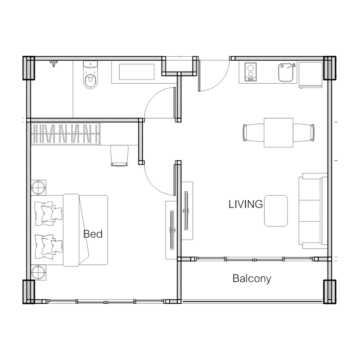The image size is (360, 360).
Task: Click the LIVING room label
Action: click(245, 204)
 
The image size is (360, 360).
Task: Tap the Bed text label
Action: click(93, 234)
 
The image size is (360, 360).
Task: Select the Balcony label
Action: click(252, 279)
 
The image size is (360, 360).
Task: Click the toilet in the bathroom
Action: click(90, 75)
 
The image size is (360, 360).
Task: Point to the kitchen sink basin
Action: click(286, 72)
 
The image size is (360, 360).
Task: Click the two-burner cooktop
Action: click(251, 72)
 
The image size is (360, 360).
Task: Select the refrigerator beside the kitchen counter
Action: click(310, 74)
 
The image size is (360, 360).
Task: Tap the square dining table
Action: click(279, 132)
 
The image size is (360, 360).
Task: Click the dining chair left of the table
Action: click(253, 133)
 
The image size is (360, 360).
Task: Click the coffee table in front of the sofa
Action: click(276, 211)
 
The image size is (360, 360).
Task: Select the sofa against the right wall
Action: click(313, 211)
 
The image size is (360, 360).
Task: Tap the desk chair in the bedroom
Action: click(119, 155)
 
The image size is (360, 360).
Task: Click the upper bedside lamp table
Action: click(38, 187)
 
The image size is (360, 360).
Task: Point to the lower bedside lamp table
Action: click(38, 273)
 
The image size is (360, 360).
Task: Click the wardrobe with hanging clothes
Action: click(65, 134)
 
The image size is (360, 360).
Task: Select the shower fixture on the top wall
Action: click(54, 63)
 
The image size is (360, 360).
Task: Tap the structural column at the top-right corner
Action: click(330, 68)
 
